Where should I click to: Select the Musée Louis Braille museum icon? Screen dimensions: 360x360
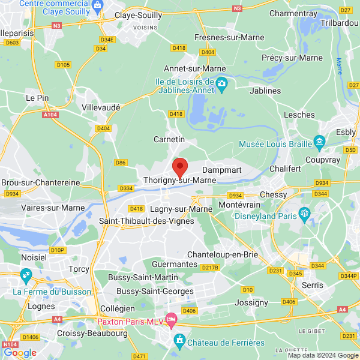tap(319, 143)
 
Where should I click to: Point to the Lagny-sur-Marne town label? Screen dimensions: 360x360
tap(178, 209)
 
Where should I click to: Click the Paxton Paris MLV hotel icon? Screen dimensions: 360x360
tap(172, 317)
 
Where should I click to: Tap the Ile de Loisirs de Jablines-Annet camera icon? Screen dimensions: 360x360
tap(222, 84)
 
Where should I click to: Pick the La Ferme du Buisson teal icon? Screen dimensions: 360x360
tap(26, 277)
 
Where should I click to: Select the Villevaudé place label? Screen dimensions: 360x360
tap(101, 107)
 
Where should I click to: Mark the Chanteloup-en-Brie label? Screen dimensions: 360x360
tap(223, 254)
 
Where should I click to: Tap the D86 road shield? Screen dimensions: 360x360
tap(121, 163)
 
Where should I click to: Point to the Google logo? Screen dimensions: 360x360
tap(20, 353)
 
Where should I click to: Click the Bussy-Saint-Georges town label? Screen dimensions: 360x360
tap(155, 291)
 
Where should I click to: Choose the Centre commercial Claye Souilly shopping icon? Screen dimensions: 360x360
tap(102, 5)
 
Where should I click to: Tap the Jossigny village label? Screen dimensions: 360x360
tap(252, 302)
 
